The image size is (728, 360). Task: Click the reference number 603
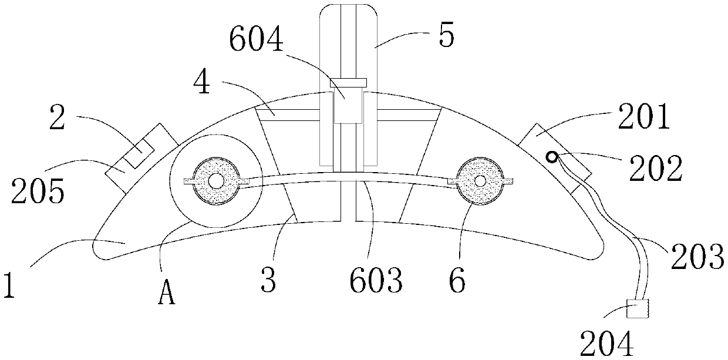coord(375,281)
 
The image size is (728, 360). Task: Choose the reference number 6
coord(457,281)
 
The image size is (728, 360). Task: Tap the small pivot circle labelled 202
coord(552,156)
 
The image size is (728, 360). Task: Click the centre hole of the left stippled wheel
coord(217,181)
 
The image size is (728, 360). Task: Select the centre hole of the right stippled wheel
coord(481,181)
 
